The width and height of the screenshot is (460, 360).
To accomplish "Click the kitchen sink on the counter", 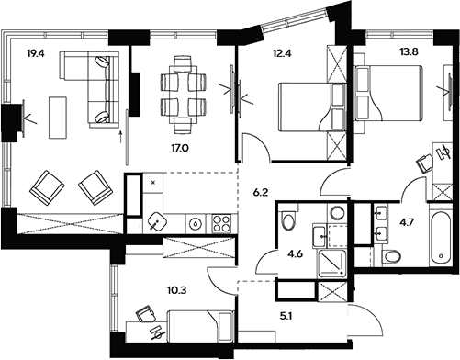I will point(157,220).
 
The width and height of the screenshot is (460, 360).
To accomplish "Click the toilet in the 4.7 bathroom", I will point(390,255).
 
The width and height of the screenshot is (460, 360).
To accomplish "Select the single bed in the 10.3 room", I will point(194,325).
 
